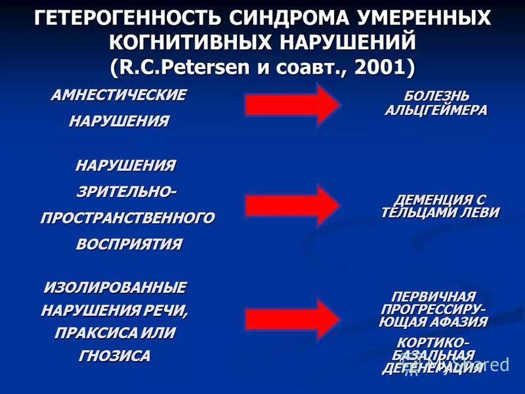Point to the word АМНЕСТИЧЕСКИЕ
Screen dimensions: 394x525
click(x=119, y=95)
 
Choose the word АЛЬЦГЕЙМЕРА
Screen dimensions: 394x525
click(x=436, y=110)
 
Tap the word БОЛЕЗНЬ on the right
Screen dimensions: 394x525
click(x=436, y=97)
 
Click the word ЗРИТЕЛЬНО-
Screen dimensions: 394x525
click(x=127, y=191)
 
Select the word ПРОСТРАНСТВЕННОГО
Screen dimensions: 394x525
click(x=127, y=217)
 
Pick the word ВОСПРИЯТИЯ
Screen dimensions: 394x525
click(x=129, y=244)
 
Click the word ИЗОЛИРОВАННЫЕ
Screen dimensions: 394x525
click(x=115, y=287)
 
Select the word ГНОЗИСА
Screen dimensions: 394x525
click(x=115, y=356)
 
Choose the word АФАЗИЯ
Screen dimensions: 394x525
click(x=460, y=321)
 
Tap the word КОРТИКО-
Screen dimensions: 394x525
click(x=434, y=343)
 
